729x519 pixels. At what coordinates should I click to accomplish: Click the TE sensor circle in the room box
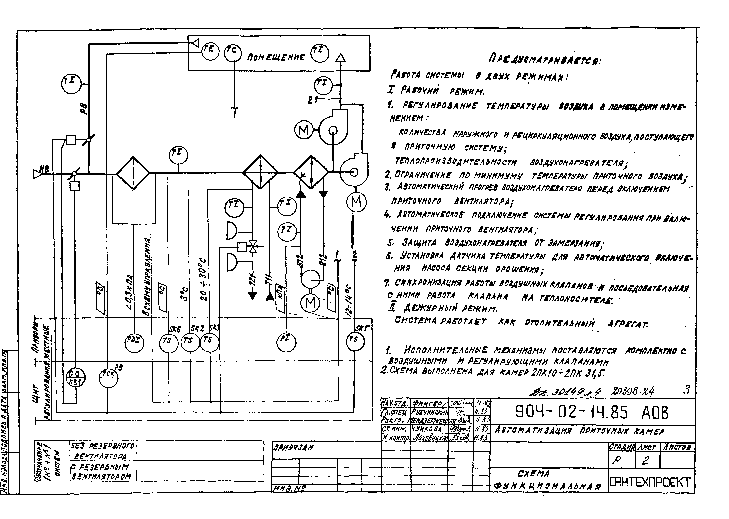(x=210, y=51)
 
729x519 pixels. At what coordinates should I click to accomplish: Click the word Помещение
(x=276, y=57)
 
